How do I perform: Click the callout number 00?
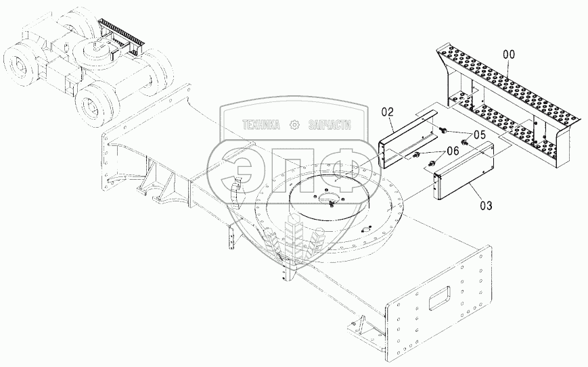point(510,55)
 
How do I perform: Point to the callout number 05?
point(479,135)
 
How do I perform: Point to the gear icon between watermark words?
point(295,125)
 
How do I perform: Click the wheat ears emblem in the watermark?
point(295,237)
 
